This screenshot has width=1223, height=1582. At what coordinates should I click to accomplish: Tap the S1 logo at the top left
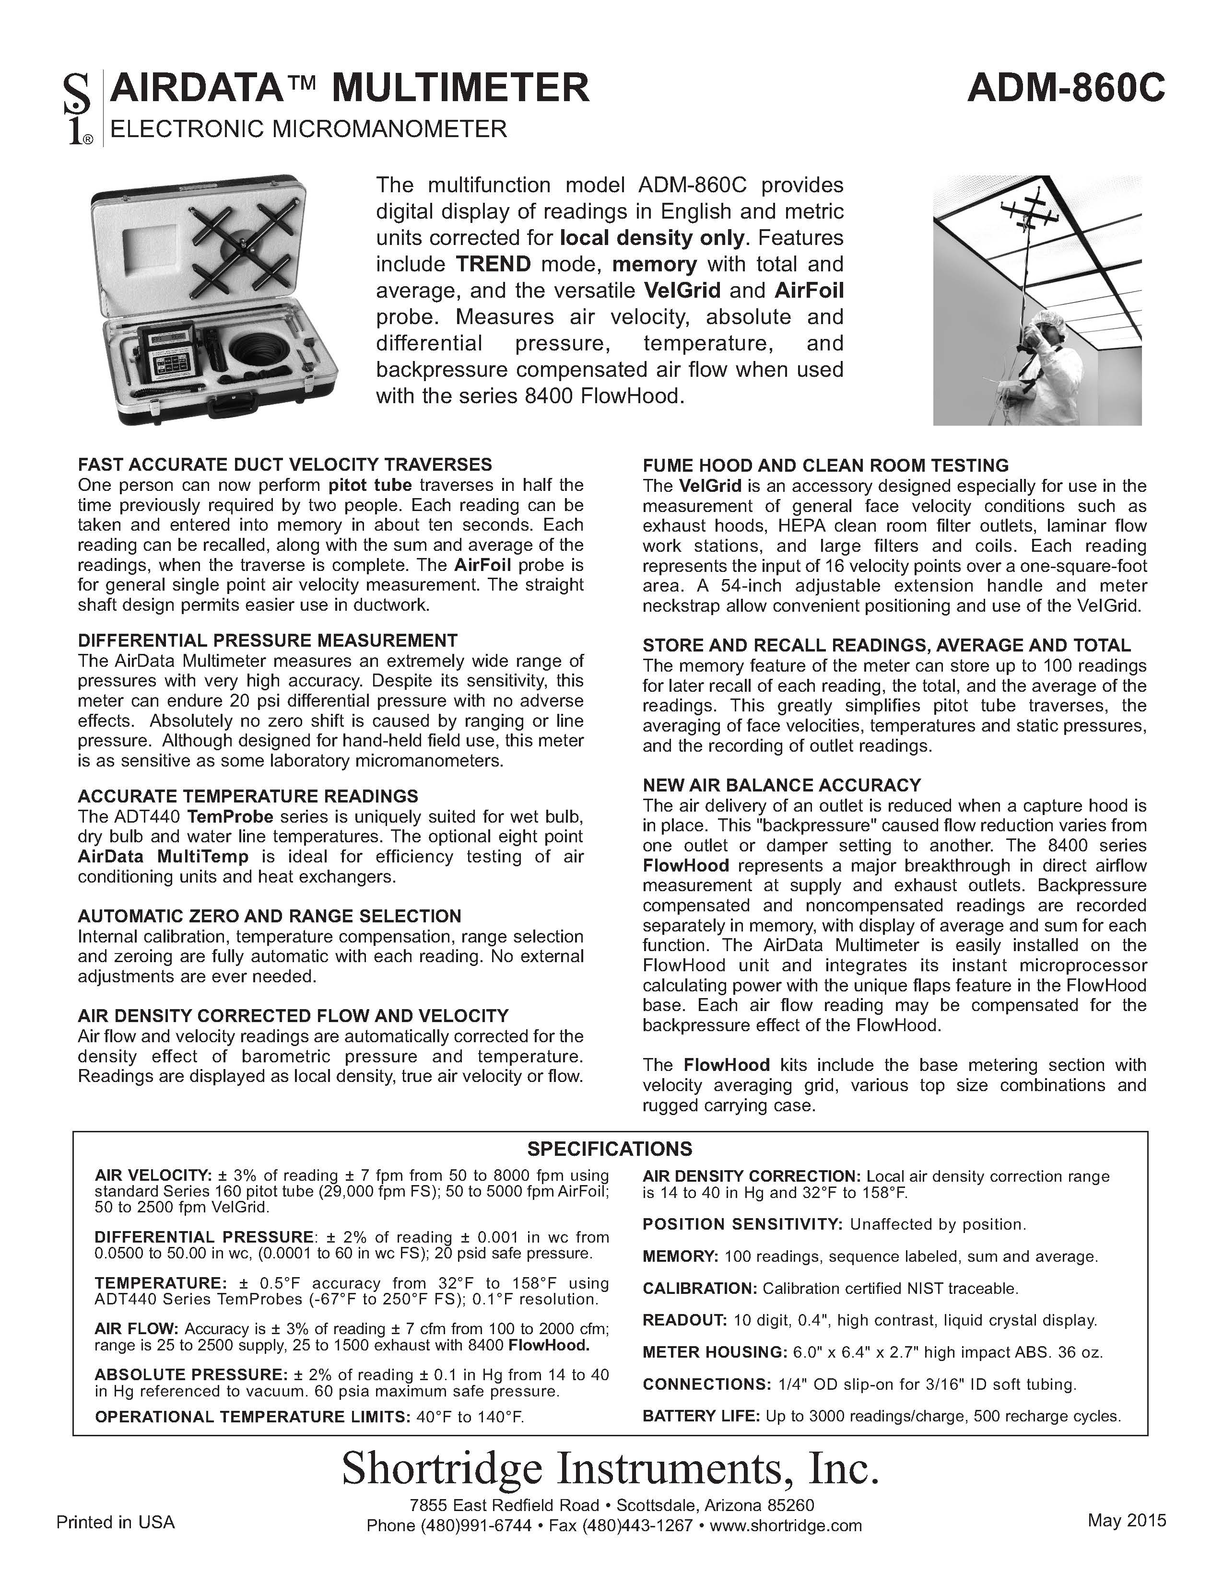coord(78,109)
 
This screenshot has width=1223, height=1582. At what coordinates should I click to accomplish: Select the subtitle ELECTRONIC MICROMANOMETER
coord(308,129)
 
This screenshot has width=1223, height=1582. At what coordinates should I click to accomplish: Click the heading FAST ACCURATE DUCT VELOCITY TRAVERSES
coord(285,465)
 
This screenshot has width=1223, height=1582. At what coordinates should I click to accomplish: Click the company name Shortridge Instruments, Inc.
coord(610,1469)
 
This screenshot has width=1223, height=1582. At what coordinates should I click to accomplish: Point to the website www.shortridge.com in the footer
coord(786,1525)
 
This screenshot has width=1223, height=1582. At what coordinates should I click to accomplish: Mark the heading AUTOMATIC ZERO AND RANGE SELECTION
coord(270,916)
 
